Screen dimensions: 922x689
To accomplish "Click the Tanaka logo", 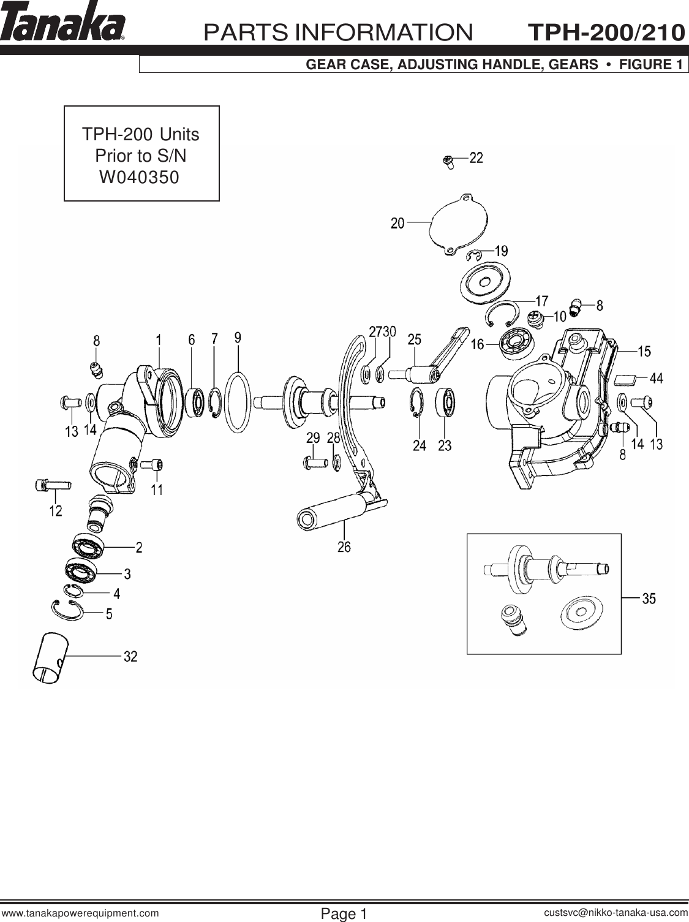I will pyautogui.click(x=63, y=23).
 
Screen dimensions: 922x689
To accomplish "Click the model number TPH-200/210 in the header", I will pyautogui.click(x=606, y=32).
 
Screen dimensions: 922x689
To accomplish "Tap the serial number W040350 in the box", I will pyautogui.click(x=140, y=178).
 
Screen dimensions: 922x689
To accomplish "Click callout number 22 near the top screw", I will pyautogui.click(x=476, y=158).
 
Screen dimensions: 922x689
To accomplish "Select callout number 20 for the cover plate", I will pyautogui.click(x=397, y=224).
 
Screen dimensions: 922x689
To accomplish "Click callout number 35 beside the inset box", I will pyautogui.click(x=648, y=598).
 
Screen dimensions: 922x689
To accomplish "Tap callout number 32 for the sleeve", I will pyautogui.click(x=130, y=657).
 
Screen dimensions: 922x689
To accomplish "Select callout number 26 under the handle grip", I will pyautogui.click(x=344, y=546).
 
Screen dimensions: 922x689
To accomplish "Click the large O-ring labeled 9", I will pyautogui.click(x=238, y=402).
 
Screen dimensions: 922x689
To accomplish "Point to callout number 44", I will pyautogui.click(x=656, y=379).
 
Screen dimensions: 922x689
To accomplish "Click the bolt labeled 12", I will pyautogui.click(x=52, y=485).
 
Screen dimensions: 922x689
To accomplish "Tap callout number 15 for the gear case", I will pyautogui.click(x=644, y=352).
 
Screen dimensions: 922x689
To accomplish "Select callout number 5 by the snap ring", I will pyautogui.click(x=109, y=613).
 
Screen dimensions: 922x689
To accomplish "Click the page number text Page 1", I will pyautogui.click(x=344, y=914).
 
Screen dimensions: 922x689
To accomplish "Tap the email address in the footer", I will pyautogui.click(x=615, y=913).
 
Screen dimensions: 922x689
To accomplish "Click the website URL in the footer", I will pyautogui.click(x=81, y=913).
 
